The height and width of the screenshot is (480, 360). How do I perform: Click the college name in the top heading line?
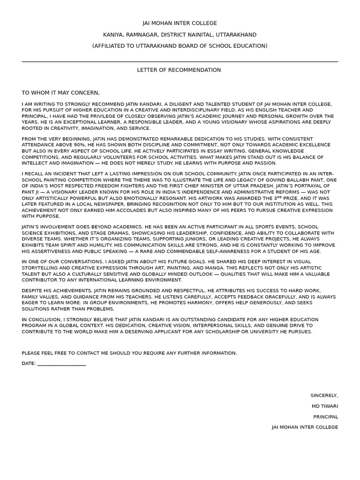point(180,23)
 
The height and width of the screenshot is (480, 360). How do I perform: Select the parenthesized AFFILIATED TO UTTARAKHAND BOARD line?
point(180,46)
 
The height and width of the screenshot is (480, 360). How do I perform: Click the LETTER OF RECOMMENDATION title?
point(179,70)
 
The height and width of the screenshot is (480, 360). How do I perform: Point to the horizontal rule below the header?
point(180,61)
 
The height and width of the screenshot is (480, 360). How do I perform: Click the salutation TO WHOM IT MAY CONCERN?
point(60,93)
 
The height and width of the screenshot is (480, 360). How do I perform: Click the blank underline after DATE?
point(61,363)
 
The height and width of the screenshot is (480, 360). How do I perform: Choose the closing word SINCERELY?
point(324,395)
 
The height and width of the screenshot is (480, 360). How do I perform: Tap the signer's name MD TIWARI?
point(324,406)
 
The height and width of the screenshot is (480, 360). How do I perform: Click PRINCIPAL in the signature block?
point(325,417)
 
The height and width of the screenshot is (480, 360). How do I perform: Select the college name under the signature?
point(305,427)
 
